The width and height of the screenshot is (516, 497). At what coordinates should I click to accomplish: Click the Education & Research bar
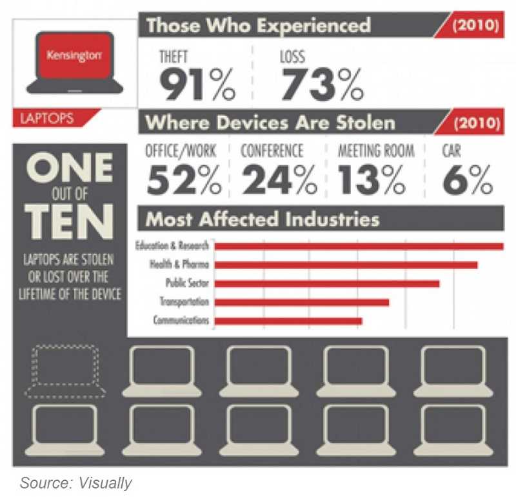359,246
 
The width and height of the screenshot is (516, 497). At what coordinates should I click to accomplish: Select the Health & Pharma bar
346,265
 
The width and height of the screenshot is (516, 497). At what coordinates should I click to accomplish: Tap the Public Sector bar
326,283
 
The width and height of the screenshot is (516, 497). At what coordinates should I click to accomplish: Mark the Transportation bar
301,302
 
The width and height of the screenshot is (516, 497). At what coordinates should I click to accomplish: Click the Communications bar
288,321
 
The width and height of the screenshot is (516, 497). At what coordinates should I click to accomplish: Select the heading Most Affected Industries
263,219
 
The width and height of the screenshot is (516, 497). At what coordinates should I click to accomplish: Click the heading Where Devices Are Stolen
271,122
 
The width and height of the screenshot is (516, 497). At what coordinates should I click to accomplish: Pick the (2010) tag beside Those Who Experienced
475,26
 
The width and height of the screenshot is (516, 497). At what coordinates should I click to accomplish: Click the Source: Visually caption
75,483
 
